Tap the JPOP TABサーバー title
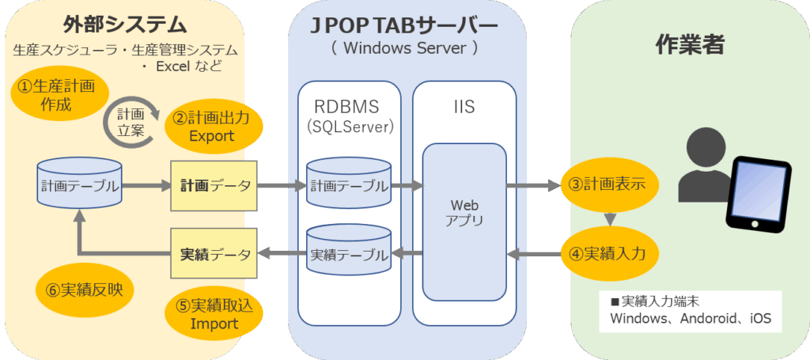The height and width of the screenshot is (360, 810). pyautogui.click(x=404, y=25)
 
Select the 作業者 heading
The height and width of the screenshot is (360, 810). pyautogui.click(x=690, y=45)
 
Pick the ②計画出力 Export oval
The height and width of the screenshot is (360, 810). pyautogui.click(x=210, y=126)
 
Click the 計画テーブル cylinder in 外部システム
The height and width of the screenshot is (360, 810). pyautogui.click(x=81, y=186)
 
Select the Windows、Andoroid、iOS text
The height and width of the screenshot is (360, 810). pyautogui.click(x=691, y=320)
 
